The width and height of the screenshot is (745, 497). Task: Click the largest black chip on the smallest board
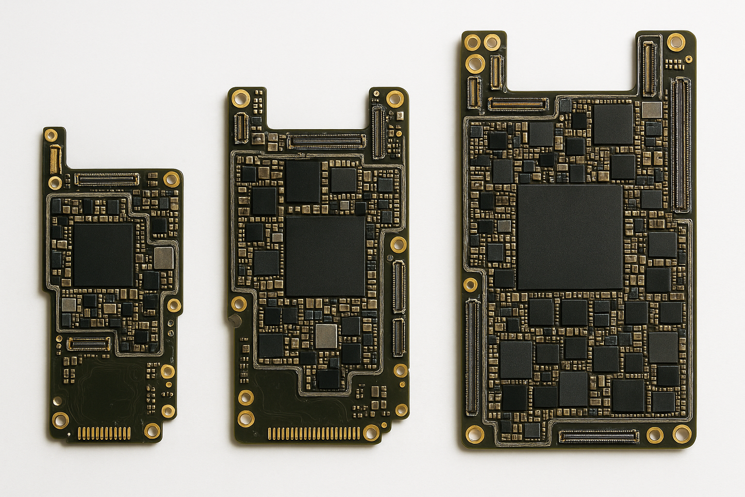click(103, 254)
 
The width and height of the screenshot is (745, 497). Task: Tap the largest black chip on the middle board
click(325, 255)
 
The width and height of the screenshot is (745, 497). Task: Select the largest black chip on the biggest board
click(570, 237)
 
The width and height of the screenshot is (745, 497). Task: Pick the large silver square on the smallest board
click(164, 258)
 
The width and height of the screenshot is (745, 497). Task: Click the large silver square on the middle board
click(326, 335)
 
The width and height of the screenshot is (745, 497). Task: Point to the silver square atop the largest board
click(652, 110)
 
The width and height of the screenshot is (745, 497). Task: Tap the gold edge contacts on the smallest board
click(104, 432)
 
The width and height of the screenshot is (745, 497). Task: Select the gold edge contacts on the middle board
click(314, 433)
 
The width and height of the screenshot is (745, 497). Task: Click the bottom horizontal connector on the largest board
click(599, 437)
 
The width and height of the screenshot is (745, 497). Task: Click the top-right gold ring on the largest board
click(676, 42)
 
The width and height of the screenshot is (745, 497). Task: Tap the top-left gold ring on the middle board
click(240, 98)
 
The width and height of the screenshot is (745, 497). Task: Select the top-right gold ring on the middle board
click(395, 99)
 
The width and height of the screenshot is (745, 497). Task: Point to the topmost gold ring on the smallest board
click(51, 135)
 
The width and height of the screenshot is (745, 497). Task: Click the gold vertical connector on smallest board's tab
click(55, 159)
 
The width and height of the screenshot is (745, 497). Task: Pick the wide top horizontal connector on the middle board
click(326, 140)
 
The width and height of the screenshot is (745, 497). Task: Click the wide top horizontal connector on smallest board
click(107, 179)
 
